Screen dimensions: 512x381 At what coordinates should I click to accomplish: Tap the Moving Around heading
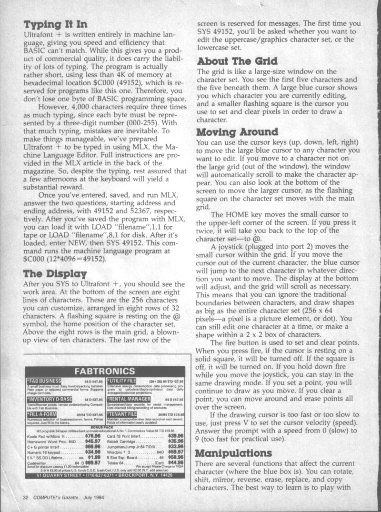click(237, 131)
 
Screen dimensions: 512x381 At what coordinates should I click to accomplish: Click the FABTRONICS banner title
click(107, 371)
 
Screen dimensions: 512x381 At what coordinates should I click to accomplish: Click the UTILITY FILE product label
click(122, 381)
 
